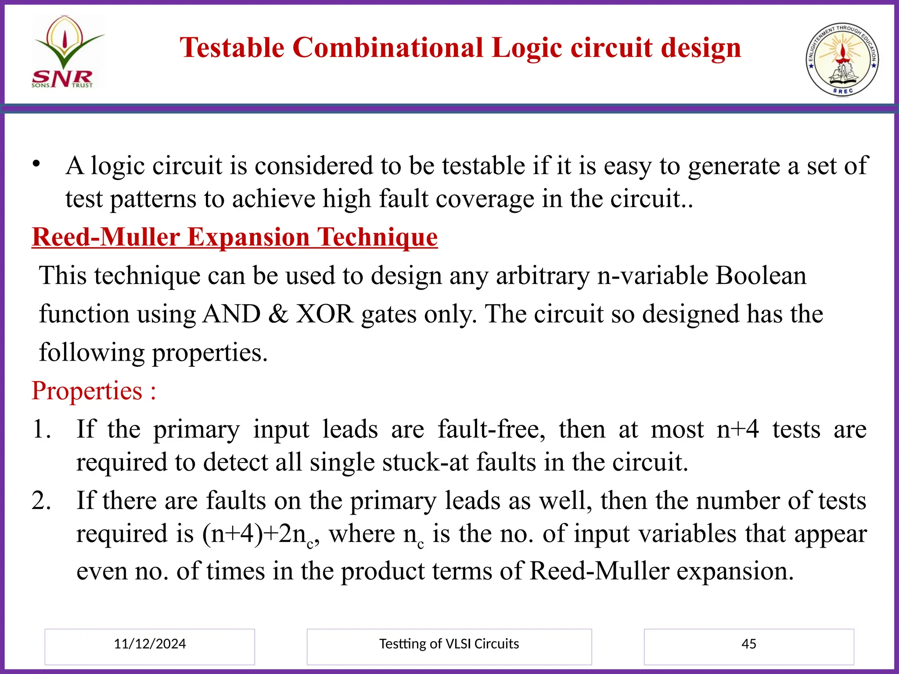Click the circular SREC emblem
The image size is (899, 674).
pyautogui.click(x=842, y=60)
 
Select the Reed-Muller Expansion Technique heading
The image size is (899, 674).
pyautogui.click(x=235, y=237)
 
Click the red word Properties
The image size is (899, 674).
pyautogui.click(x=87, y=391)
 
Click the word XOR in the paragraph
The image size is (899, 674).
pyautogui.click(x=325, y=314)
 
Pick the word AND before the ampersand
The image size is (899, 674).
pyautogui.click(x=231, y=314)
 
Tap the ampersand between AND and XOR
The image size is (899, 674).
pyautogui.click(x=278, y=314)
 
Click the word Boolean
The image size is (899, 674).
pyautogui.click(x=761, y=276)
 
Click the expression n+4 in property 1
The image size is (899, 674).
pyautogui.click(x=737, y=429)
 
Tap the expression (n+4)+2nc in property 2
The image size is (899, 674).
pyautogui.click(x=259, y=535)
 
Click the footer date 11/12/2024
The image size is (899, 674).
pyautogui.click(x=150, y=644)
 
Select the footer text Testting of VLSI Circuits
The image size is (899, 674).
pyautogui.click(x=449, y=644)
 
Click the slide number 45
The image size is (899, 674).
pyautogui.click(x=748, y=644)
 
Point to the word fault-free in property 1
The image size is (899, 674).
pyautogui.click(x=492, y=429)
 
